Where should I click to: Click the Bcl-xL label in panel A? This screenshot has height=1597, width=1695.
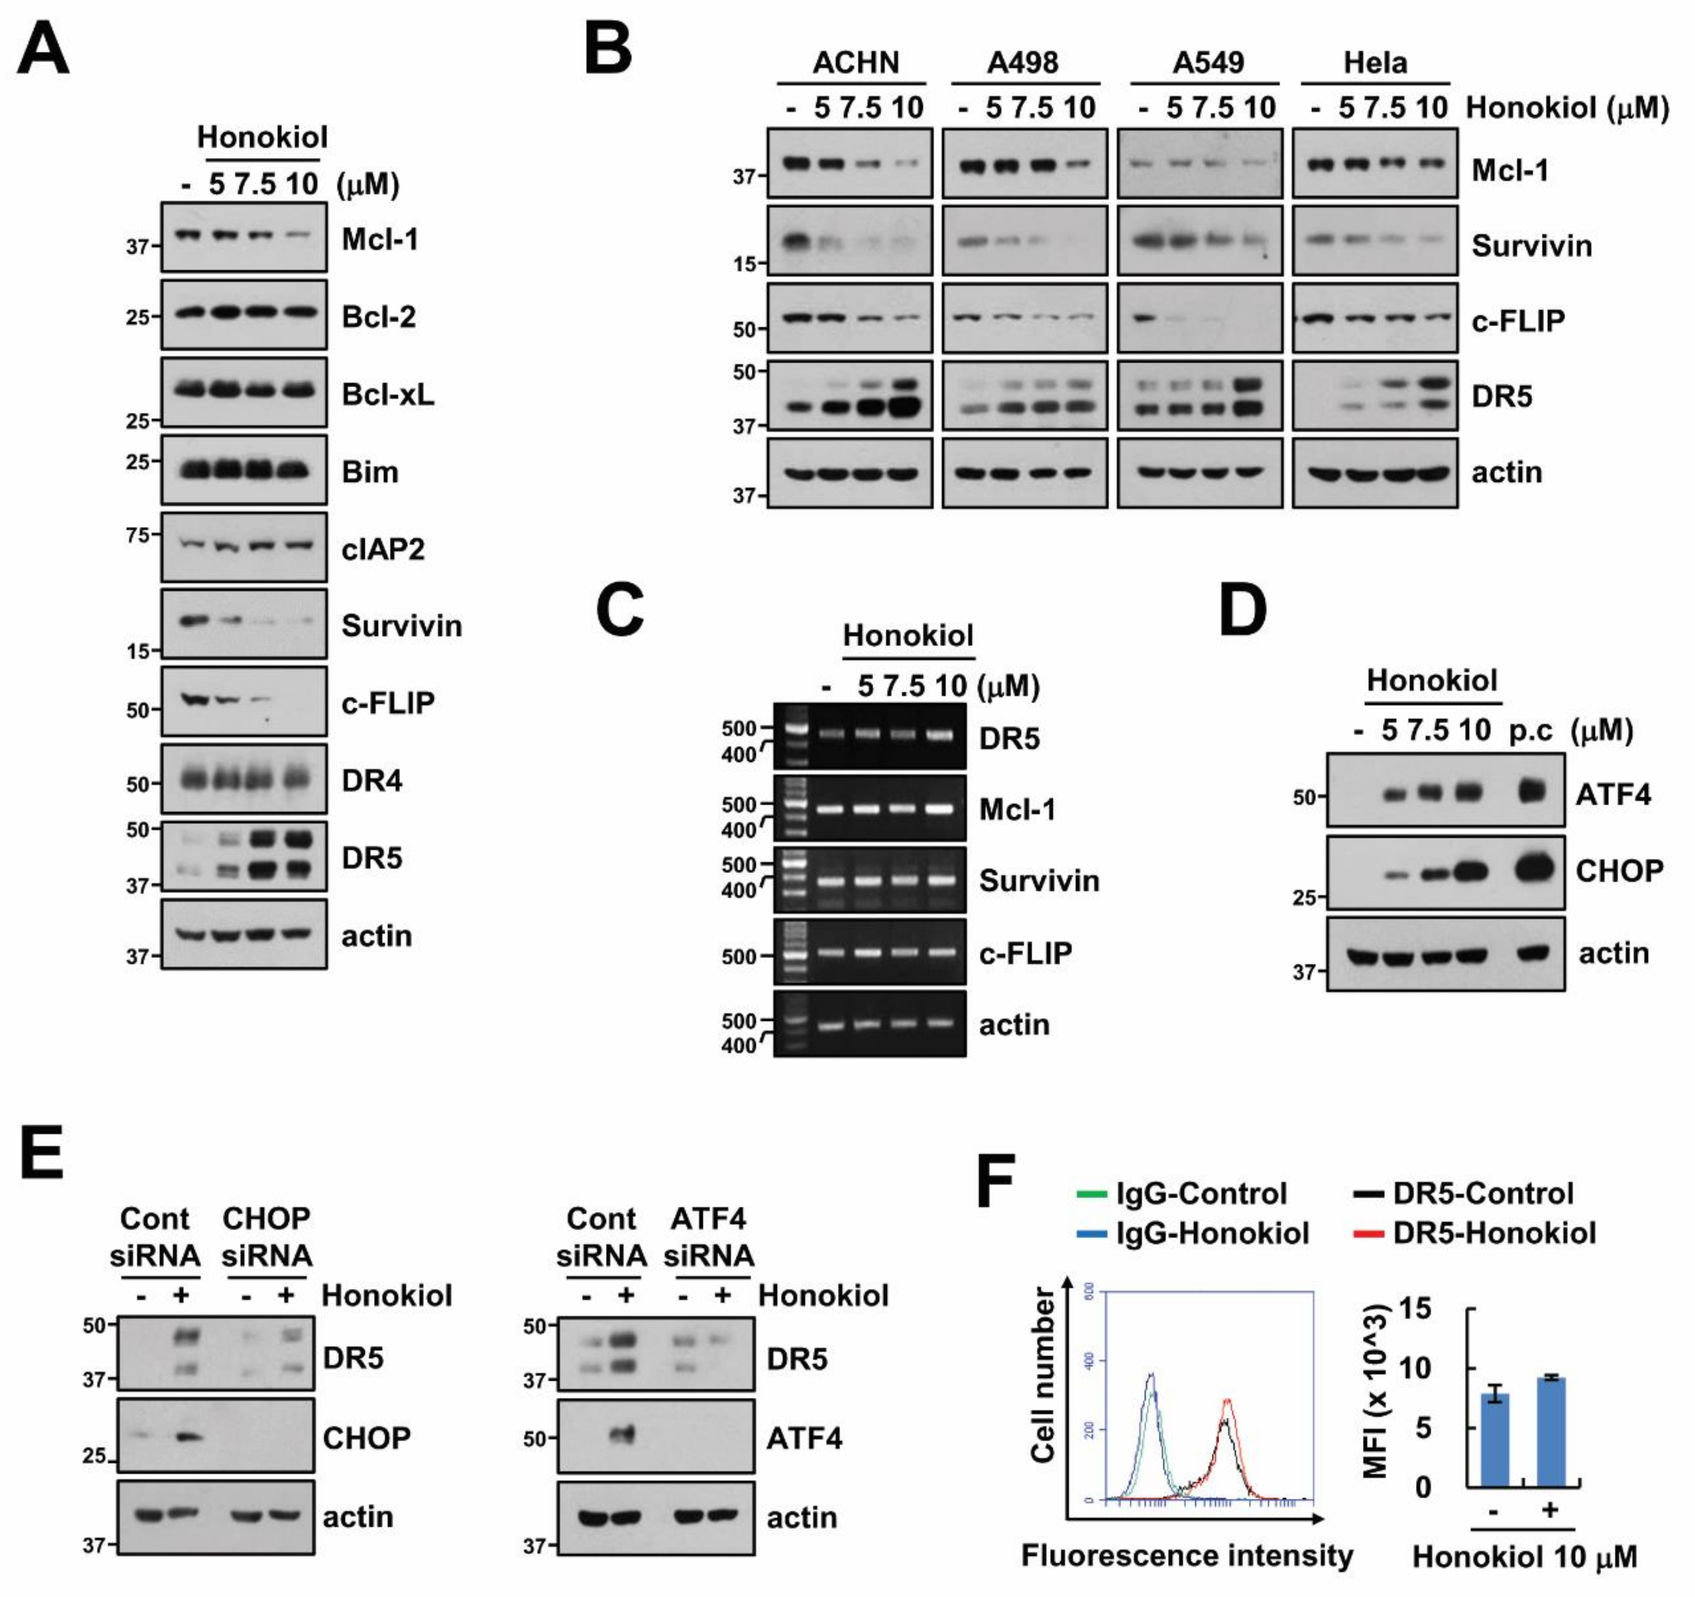(388, 395)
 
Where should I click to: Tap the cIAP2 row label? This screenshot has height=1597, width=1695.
(383, 549)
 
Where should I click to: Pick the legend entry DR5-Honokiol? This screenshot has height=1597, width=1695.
(1494, 1233)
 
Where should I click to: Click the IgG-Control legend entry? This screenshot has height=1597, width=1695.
(1201, 1193)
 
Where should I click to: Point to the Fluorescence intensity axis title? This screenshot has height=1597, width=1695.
(1187, 1555)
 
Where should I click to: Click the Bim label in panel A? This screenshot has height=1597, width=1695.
(370, 472)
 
